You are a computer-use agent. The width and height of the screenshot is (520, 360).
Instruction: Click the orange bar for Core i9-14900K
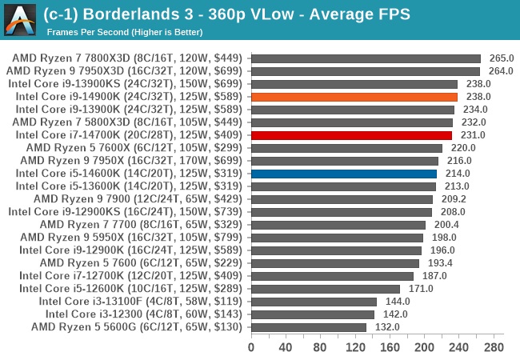click(354, 97)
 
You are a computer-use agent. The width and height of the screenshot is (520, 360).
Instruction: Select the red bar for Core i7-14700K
click(351, 135)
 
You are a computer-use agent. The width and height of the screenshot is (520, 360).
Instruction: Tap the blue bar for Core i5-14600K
click(344, 174)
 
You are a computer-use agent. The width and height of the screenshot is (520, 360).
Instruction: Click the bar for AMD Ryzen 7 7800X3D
click(366, 58)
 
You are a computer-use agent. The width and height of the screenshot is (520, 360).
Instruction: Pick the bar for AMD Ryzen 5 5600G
click(308, 327)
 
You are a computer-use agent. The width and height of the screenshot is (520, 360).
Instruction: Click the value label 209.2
click(454, 199)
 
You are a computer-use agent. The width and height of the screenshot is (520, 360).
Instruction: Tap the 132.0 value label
click(387, 327)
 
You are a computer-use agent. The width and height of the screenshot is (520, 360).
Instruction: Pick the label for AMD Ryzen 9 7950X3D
click(126, 71)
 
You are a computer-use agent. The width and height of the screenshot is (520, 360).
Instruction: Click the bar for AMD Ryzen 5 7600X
click(346, 148)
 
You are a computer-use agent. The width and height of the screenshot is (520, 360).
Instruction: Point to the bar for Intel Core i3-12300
click(312, 314)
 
